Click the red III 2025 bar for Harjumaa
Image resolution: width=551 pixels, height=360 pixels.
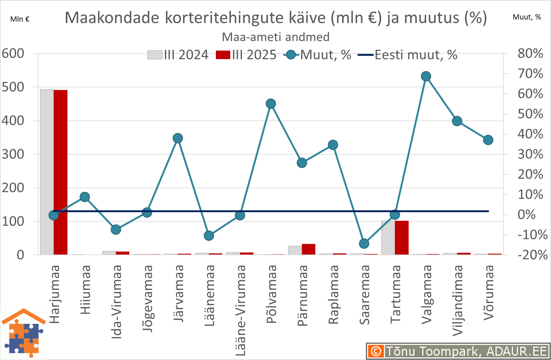point(60,172)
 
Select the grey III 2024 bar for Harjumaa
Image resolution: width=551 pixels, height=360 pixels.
point(47,172)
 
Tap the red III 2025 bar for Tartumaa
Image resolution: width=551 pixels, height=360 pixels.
point(402,238)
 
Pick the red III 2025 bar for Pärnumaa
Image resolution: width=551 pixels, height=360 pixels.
point(309,249)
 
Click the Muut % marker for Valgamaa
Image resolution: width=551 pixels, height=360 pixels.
point(426,76)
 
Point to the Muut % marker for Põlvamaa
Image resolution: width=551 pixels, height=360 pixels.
point(271,104)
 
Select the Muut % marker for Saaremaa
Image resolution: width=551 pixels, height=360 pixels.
point(364,244)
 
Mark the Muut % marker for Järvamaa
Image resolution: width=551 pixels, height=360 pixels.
point(178,138)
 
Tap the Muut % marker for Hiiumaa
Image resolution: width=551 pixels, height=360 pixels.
point(85,197)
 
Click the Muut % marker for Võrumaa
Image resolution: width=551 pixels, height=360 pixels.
point(488,140)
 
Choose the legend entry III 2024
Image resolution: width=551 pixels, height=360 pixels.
point(178,55)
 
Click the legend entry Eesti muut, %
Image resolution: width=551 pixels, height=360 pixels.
point(407,55)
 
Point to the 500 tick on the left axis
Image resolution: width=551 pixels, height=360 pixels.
point(13,87)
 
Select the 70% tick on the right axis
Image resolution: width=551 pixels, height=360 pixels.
point(530,74)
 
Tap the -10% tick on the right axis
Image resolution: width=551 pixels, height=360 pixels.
point(532,235)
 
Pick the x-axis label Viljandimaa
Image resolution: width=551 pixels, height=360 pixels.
point(457,301)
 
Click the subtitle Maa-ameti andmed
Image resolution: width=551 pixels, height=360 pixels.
point(276,37)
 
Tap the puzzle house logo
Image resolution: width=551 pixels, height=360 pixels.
point(24,333)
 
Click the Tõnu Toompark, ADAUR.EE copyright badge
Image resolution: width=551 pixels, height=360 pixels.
point(458,351)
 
